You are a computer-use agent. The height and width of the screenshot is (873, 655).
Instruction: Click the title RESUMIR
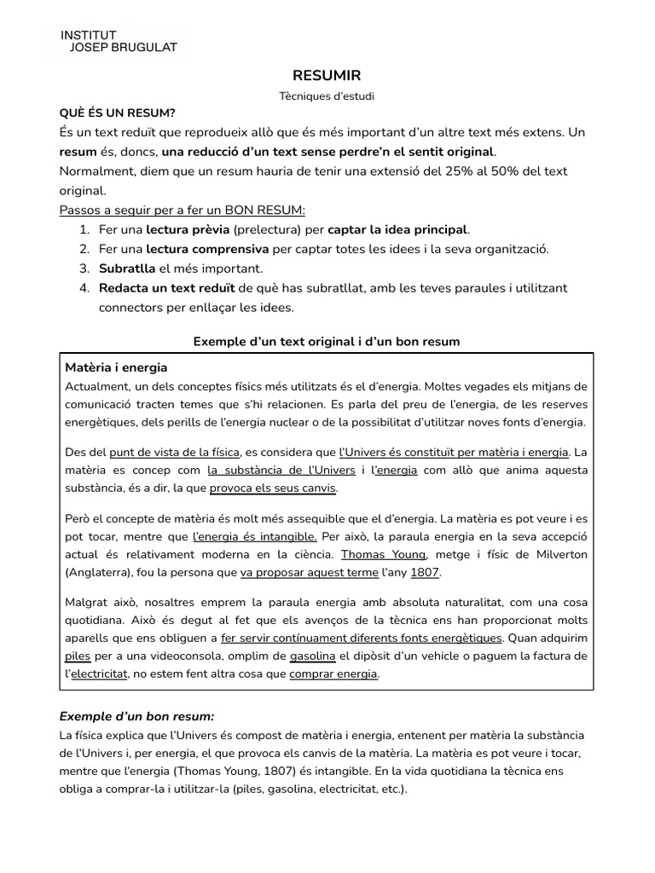327,76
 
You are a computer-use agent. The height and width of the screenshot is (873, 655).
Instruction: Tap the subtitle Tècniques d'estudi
327,96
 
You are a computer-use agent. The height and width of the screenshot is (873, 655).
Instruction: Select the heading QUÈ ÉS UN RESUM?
118,113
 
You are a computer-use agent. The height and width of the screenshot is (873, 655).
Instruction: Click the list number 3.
84,269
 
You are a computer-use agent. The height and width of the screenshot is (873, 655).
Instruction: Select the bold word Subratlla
127,269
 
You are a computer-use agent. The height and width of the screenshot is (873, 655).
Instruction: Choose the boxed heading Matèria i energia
116,367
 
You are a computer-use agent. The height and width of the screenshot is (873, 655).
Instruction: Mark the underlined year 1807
425,572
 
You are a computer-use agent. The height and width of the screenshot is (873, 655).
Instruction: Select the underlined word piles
78,656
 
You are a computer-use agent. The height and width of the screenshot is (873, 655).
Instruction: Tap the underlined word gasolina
313,656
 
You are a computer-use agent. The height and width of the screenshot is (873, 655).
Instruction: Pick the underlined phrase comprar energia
333,674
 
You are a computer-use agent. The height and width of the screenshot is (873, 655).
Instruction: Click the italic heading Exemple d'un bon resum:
136,715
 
